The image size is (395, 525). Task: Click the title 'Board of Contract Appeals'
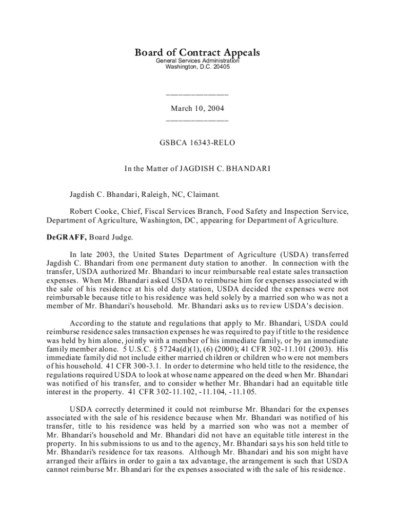coord(197,53)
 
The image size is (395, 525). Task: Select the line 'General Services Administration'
coord(197,61)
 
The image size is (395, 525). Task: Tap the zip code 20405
coord(214,67)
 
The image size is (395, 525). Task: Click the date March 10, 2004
coord(197,109)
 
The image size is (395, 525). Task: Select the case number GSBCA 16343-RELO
coord(197,143)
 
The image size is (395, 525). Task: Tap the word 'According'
coord(88,324)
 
